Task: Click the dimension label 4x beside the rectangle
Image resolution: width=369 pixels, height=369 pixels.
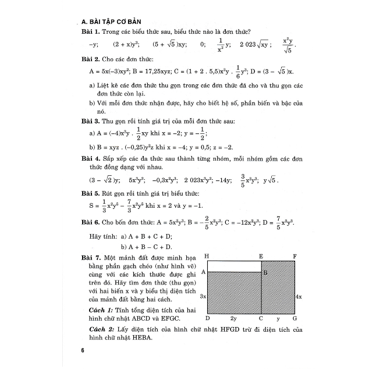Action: (x=298, y=296)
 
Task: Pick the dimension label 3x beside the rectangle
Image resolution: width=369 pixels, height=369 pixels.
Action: (x=202, y=296)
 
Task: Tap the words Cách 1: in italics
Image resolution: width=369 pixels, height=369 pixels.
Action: (x=98, y=308)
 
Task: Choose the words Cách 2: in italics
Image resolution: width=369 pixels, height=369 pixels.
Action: (x=98, y=329)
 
